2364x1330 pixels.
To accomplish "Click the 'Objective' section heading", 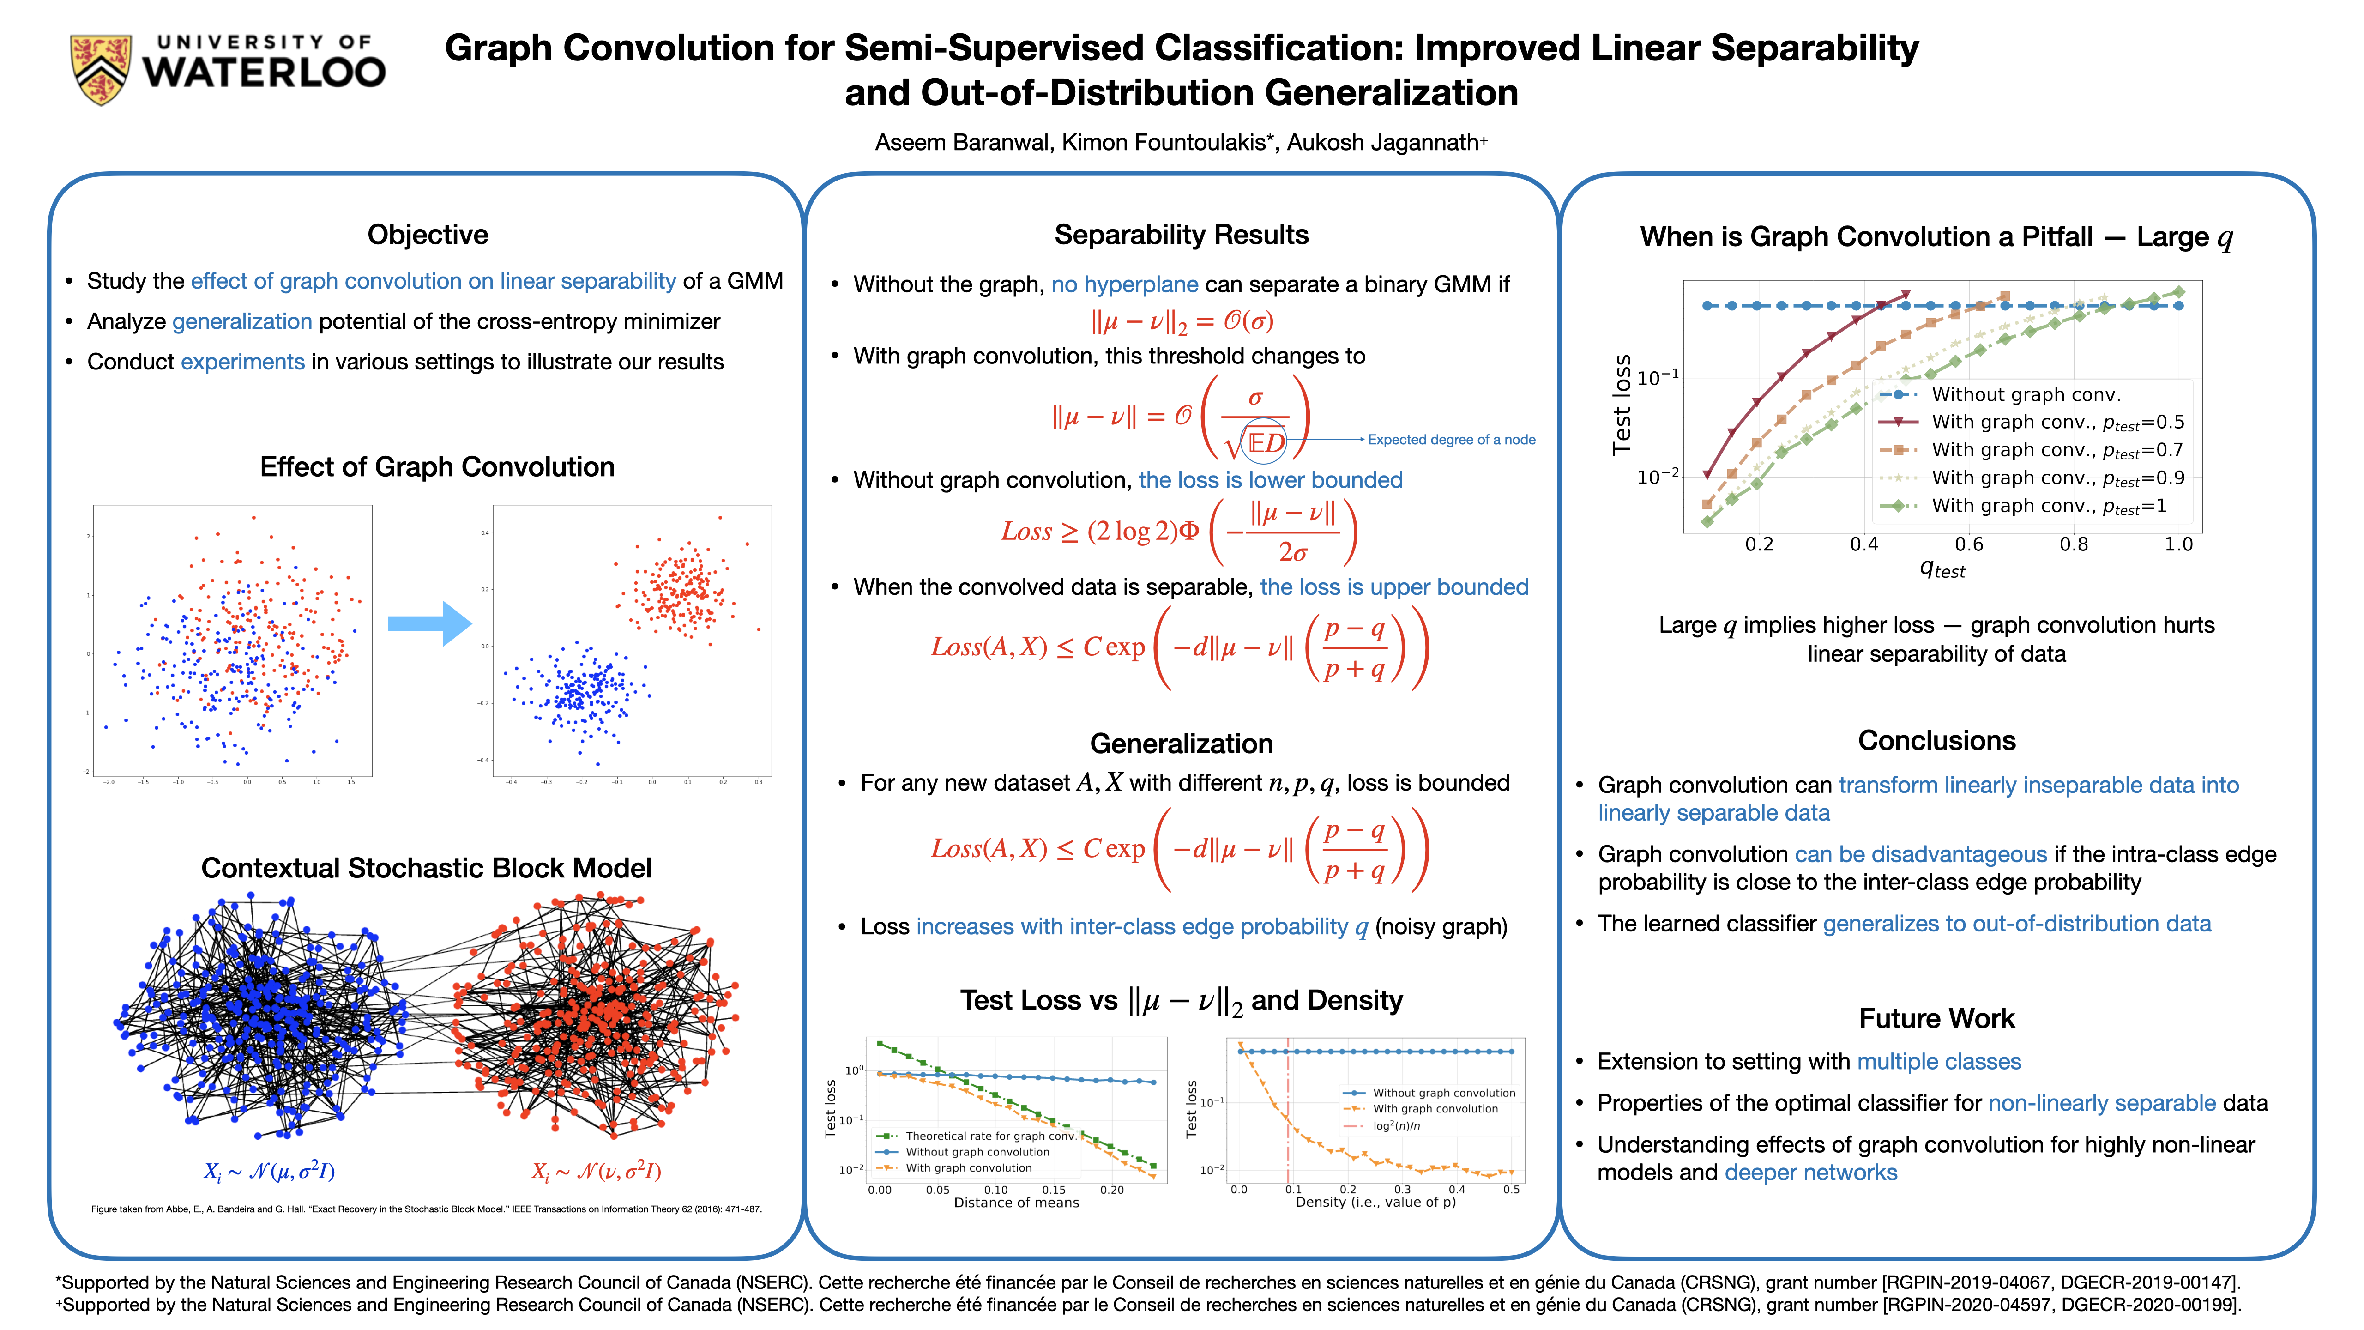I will click(428, 235).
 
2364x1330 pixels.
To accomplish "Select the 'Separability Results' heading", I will click(1181, 235).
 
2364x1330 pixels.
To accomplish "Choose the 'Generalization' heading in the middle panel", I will click(1181, 744).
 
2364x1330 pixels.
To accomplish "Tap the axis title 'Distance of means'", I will click(1016, 1203).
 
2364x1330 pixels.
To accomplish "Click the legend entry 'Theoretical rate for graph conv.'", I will click(989, 1137).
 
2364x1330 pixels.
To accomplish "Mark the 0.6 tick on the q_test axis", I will click(1968, 544).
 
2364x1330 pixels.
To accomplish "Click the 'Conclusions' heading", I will click(1936, 741).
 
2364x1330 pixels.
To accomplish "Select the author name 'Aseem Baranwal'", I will click(962, 142).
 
